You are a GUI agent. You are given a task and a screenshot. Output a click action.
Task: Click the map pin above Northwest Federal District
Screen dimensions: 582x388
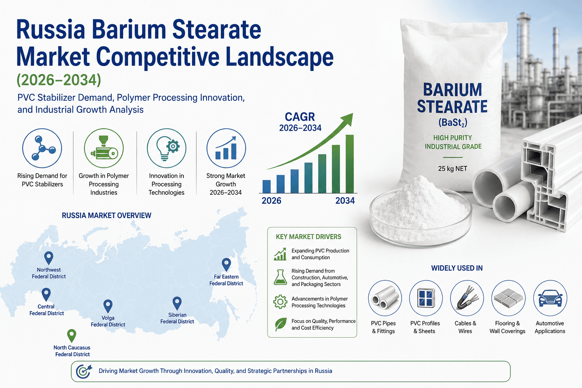pos(48,258)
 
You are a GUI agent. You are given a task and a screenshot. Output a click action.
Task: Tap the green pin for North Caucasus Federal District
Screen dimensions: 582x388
pos(72,335)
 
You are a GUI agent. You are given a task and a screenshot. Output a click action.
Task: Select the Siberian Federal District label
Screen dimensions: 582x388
pos(177,318)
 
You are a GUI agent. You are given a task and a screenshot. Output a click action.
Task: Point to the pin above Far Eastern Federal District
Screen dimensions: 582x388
pos(226,264)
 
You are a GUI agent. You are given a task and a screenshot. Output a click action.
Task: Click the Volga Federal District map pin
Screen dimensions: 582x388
pos(108,306)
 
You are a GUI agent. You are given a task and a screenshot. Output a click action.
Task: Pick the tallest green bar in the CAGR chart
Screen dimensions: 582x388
pos(349,164)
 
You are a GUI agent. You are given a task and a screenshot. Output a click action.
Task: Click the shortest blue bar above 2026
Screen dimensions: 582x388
pos(267,186)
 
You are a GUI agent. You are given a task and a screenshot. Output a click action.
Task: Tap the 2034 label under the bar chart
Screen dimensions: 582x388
pos(345,200)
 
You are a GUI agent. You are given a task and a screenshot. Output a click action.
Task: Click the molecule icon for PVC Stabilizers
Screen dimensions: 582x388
pos(42,148)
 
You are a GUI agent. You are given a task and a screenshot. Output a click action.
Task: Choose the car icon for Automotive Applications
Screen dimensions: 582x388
pos(550,298)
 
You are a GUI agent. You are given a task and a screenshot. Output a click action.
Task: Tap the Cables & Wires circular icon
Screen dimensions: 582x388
pos(467,298)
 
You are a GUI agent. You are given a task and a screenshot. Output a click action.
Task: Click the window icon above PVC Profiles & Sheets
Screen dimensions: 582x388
pos(426,298)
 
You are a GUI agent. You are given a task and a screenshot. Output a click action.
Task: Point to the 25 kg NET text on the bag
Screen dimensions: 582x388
pos(452,169)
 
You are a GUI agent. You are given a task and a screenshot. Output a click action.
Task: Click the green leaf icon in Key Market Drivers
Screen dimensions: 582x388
pos(281,324)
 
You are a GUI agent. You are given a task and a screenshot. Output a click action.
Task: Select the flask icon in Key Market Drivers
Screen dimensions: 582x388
pos(280,277)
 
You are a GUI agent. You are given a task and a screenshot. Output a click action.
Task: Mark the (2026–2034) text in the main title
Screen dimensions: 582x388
pos(59,80)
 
